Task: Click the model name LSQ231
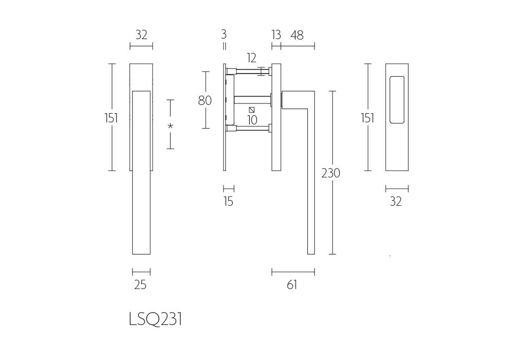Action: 155,319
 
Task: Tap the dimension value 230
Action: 331,173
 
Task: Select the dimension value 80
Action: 205,100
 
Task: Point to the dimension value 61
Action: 292,285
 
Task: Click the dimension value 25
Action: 140,285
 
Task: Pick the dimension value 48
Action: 297,35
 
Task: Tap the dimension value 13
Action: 276,34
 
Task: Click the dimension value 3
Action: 224,34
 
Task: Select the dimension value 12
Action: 251,58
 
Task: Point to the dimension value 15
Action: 229,201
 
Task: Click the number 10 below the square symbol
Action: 252,120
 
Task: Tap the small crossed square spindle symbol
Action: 252,110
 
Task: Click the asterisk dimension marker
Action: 170,125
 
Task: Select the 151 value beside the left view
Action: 111,118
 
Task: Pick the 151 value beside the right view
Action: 367,118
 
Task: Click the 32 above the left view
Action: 141,35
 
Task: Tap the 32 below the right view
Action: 396,201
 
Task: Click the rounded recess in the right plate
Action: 397,100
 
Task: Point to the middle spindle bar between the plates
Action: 252,100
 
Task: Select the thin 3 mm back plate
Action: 225,117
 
